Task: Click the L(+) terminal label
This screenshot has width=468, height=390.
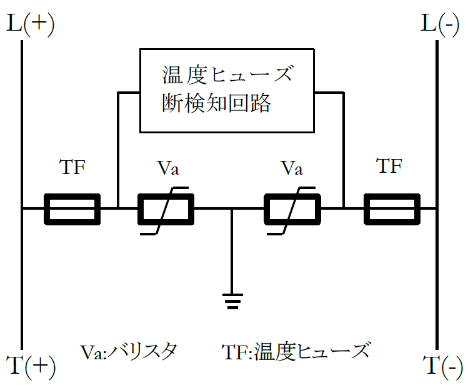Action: pyautogui.click(x=31, y=24)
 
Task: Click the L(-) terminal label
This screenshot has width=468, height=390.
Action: pyautogui.click(x=440, y=24)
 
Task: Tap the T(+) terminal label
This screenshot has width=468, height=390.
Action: pyautogui.click(x=31, y=367)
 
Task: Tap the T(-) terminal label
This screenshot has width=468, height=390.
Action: pyautogui.click(x=442, y=367)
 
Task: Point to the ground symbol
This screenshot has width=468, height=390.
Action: pyautogui.click(x=232, y=301)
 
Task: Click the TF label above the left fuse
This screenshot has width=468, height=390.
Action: pyautogui.click(x=72, y=167)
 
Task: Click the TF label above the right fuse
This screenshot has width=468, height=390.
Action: pyautogui.click(x=389, y=166)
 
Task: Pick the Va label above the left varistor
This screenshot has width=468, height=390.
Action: pyautogui.click(x=168, y=168)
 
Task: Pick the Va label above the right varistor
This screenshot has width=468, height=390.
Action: pyautogui.click(x=292, y=168)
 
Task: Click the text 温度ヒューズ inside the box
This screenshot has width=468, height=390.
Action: pyautogui.click(x=227, y=74)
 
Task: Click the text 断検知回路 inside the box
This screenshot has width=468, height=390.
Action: pyautogui.click(x=216, y=103)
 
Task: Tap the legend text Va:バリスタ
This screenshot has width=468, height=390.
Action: pyautogui.click(x=128, y=352)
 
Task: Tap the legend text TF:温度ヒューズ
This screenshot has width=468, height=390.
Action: pyautogui.click(x=296, y=351)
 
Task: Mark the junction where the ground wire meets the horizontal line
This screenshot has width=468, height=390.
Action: pyautogui.click(x=232, y=208)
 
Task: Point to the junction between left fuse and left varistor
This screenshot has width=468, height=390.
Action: pyautogui.click(x=118, y=208)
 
